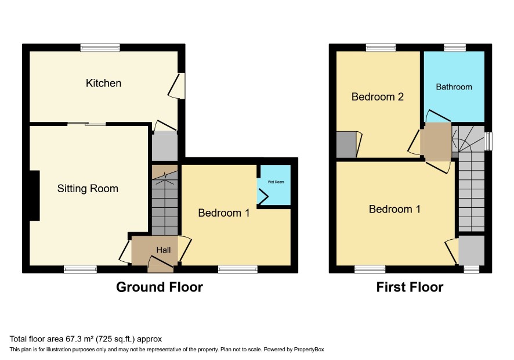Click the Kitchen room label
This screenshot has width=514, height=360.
[x=104, y=83]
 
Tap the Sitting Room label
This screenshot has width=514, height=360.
[x=88, y=188]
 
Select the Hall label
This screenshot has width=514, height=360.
[x=164, y=250]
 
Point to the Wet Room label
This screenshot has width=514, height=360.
[x=276, y=182]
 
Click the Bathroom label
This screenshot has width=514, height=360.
[x=454, y=87]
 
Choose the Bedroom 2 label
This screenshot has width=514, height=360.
[x=377, y=97]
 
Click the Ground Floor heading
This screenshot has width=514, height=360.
[x=160, y=287]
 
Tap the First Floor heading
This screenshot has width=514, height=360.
[x=410, y=287]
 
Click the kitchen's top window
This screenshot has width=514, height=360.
[x=100, y=48]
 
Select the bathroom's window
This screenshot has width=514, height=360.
[x=455, y=48]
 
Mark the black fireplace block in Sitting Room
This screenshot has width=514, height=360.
[x=35, y=196]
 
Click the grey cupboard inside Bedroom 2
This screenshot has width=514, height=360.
[x=346, y=145]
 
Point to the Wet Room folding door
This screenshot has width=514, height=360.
[x=263, y=196]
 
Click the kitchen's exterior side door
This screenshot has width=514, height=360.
[x=177, y=85]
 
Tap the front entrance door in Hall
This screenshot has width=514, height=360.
[x=161, y=265]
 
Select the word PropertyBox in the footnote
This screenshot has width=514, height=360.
[x=309, y=350]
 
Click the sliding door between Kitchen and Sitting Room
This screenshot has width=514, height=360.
[x=87, y=124]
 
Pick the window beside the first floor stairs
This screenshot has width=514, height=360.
[x=488, y=142]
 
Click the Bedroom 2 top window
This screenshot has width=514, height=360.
[x=381, y=48]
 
